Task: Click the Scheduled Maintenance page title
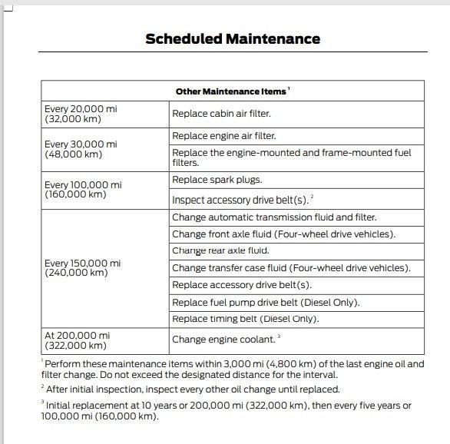click(x=233, y=38)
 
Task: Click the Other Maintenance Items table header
click(x=232, y=91)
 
